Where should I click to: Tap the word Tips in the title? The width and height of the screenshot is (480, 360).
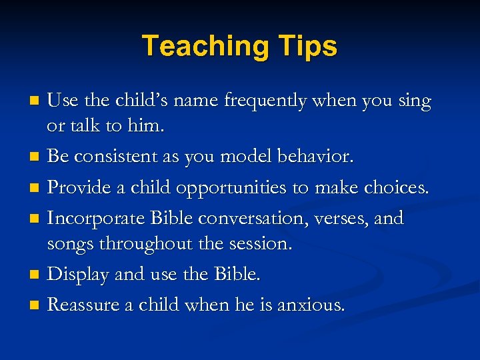(305, 46)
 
